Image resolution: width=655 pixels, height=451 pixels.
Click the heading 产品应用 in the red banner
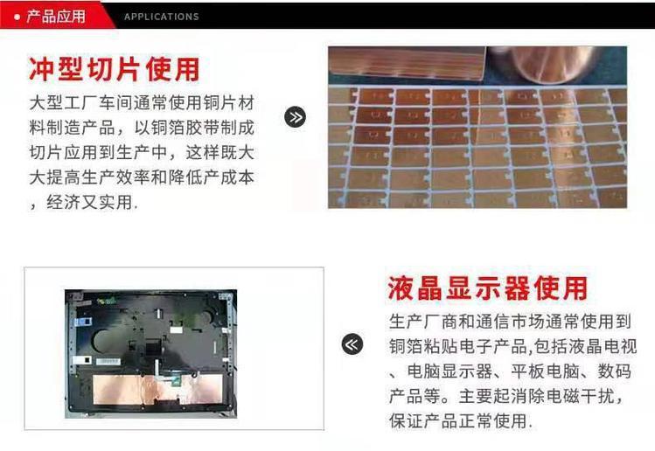[x=56, y=17]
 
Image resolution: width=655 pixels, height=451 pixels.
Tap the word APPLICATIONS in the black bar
[x=161, y=17]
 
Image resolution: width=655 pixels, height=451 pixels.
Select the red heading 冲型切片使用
[x=114, y=69]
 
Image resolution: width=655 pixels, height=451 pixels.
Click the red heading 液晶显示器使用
[x=487, y=288]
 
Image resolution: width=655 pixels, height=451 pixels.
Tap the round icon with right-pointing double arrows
[x=295, y=117]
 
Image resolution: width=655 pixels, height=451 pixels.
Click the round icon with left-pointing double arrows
[x=352, y=344]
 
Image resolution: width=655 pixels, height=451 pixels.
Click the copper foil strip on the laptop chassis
[x=157, y=389]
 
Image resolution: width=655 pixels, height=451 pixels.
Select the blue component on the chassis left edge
[x=82, y=322]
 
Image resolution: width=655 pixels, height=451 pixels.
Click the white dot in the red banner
[x=17, y=17]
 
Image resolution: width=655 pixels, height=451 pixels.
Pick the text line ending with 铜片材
[x=142, y=103]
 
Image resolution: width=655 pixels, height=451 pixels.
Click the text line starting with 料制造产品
[x=142, y=128]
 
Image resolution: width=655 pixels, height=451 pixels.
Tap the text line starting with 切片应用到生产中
[x=142, y=152]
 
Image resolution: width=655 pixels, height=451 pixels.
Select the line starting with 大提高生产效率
[x=142, y=177]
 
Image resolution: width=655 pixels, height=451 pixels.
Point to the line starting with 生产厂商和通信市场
[x=510, y=322]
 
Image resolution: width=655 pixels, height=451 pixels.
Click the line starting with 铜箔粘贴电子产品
[x=513, y=347]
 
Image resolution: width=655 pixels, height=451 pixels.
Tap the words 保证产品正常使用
[x=458, y=421]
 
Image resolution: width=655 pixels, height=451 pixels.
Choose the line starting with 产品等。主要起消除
[x=506, y=396]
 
